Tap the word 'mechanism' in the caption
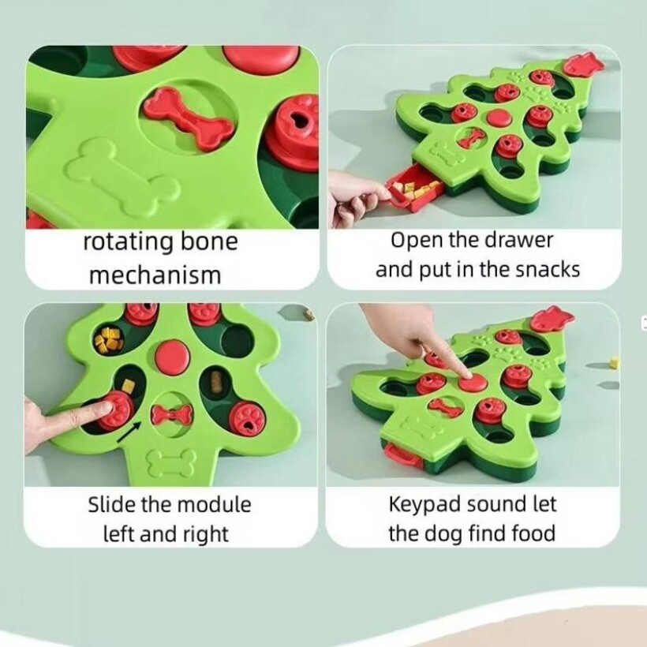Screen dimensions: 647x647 click(x=155, y=275)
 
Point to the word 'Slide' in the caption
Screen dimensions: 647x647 click(x=112, y=504)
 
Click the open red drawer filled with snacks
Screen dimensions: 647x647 click(x=414, y=191)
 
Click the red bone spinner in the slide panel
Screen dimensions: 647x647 click(x=172, y=413)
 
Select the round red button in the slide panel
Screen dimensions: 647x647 click(x=172, y=357)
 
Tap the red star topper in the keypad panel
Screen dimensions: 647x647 click(x=552, y=319)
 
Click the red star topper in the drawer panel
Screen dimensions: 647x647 click(x=583, y=65)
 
